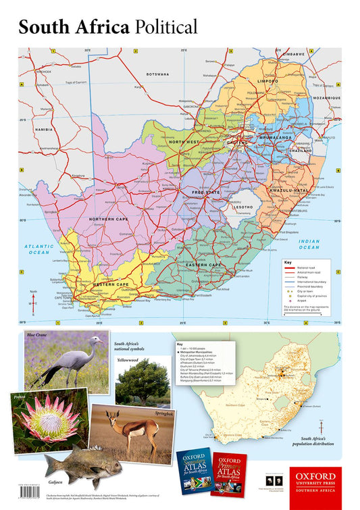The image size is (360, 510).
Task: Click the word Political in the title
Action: (165, 27)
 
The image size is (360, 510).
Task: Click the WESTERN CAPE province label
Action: (111, 284)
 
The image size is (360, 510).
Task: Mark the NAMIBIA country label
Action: (45, 129)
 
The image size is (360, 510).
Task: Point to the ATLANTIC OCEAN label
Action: (38, 249)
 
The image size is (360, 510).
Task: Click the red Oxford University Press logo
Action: (315, 483)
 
